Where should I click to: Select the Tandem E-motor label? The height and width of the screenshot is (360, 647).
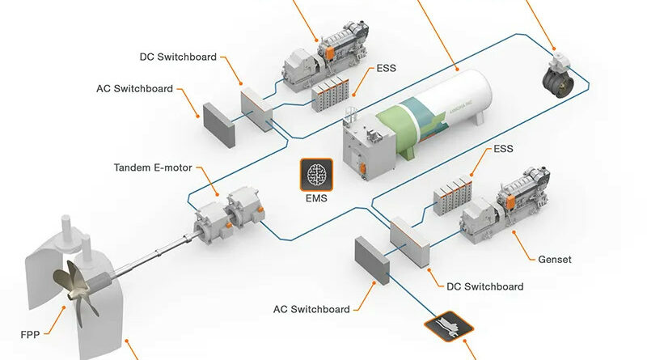coord(152,169)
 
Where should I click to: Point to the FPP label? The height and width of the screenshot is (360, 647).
coord(32,332)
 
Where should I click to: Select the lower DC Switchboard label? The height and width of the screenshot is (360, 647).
coord(484,286)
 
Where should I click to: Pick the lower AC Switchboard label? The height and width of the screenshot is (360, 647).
coord(311,309)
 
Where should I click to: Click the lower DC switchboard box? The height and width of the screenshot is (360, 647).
coord(408,239)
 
